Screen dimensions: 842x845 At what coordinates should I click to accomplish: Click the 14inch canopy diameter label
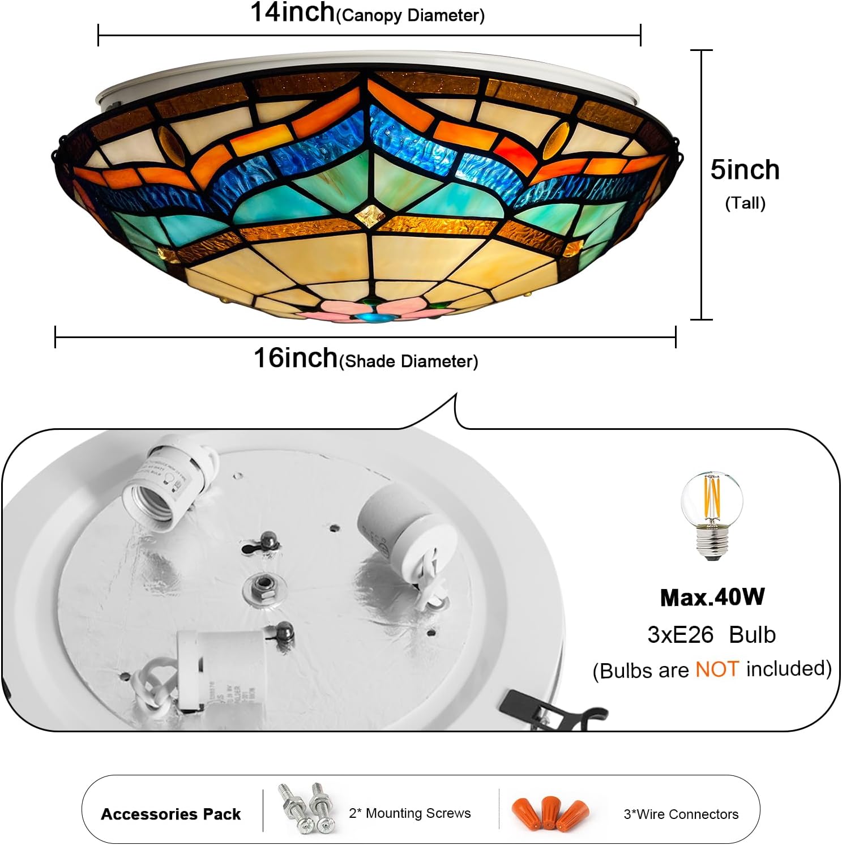coord(367,13)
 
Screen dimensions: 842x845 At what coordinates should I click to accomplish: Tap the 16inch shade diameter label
coord(365,359)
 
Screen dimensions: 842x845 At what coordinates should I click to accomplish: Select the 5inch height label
coord(745,170)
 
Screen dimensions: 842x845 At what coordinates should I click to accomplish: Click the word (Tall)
coord(745,203)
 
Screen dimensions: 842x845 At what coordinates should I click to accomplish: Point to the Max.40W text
coord(712,598)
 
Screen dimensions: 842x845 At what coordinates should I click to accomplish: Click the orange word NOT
coord(717,669)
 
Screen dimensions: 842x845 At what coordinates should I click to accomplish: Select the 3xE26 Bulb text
coord(711,635)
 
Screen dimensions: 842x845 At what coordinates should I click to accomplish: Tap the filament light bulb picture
coord(711,515)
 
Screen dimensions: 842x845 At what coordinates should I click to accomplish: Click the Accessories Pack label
coord(170,814)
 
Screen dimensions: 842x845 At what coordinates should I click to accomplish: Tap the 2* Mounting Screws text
coord(409,813)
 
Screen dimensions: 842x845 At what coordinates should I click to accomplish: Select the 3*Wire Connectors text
coord(681,814)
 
